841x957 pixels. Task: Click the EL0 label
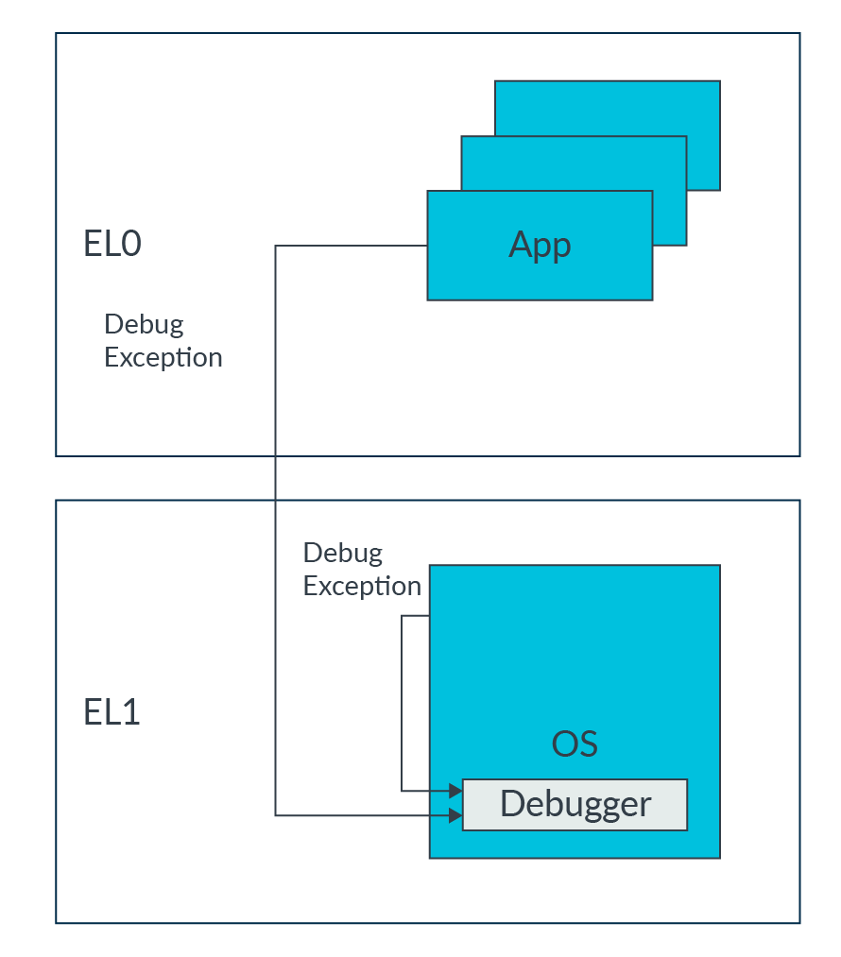pyautogui.click(x=112, y=245)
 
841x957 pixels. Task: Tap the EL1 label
pyautogui.click(x=112, y=712)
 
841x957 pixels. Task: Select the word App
pyautogui.click(x=540, y=245)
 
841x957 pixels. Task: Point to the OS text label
pyautogui.click(x=575, y=743)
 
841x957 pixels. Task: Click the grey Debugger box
pyautogui.click(x=575, y=805)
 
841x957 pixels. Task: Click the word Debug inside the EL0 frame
pyautogui.click(x=144, y=324)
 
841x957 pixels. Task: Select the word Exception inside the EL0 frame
pyautogui.click(x=163, y=358)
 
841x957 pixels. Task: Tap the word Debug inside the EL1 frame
pyautogui.click(x=342, y=553)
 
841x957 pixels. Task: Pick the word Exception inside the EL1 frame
pyautogui.click(x=362, y=586)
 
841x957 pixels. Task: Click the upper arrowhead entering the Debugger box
pyautogui.click(x=456, y=791)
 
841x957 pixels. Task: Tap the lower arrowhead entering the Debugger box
pyautogui.click(x=456, y=814)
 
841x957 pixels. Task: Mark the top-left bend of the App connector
pyautogui.click(x=275, y=246)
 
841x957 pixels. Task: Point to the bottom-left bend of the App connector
pyautogui.click(x=275, y=814)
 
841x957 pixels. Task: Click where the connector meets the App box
pyautogui.click(x=427, y=246)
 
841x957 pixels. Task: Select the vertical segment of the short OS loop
pyautogui.click(x=402, y=704)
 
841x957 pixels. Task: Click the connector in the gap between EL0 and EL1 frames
pyautogui.click(x=275, y=478)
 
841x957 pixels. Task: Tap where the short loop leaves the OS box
pyautogui.click(x=429, y=616)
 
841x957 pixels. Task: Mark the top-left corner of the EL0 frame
pyautogui.click(x=57, y=34)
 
